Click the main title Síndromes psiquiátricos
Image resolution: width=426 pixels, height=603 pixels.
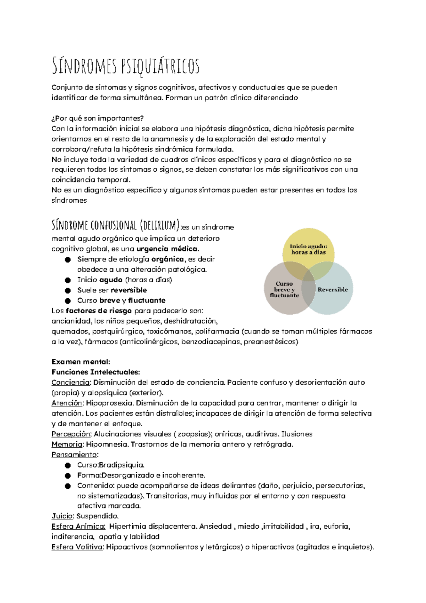125,66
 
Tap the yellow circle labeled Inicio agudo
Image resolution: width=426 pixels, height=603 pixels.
308,245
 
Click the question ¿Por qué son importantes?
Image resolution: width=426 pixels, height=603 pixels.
98,118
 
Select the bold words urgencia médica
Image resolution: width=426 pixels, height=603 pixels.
168,249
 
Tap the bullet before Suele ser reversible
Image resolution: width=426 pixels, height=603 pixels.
68,290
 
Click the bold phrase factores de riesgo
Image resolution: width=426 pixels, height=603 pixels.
99,311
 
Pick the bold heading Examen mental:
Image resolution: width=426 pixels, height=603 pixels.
81,362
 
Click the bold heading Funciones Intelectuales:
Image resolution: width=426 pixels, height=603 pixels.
96,372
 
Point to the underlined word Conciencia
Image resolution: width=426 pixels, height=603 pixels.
71,383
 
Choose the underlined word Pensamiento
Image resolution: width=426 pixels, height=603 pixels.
74,455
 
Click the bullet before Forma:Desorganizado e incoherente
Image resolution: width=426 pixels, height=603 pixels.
68,476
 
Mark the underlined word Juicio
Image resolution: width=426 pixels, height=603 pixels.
62,516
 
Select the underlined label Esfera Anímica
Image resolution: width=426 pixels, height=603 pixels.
78,527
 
